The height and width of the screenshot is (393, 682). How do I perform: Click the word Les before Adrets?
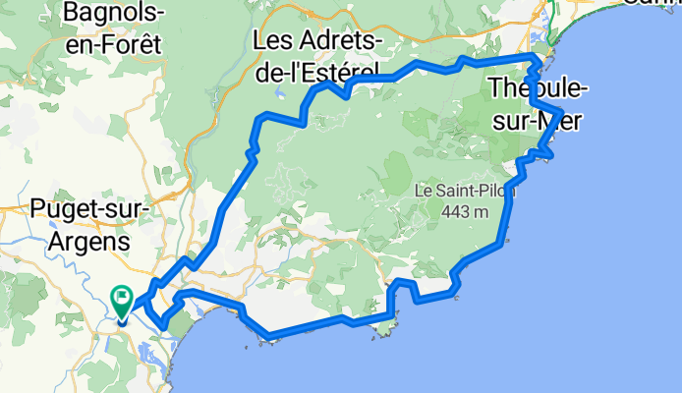click(271, 41)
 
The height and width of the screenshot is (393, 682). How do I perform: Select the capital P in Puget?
click(39, 209)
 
